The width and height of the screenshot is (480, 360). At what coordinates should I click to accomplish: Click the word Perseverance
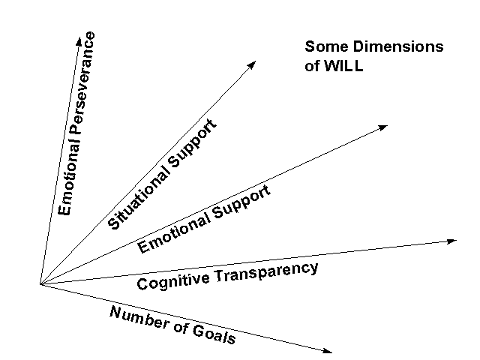pos(79,88)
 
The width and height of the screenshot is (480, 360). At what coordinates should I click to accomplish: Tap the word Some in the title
pos(322,46)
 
